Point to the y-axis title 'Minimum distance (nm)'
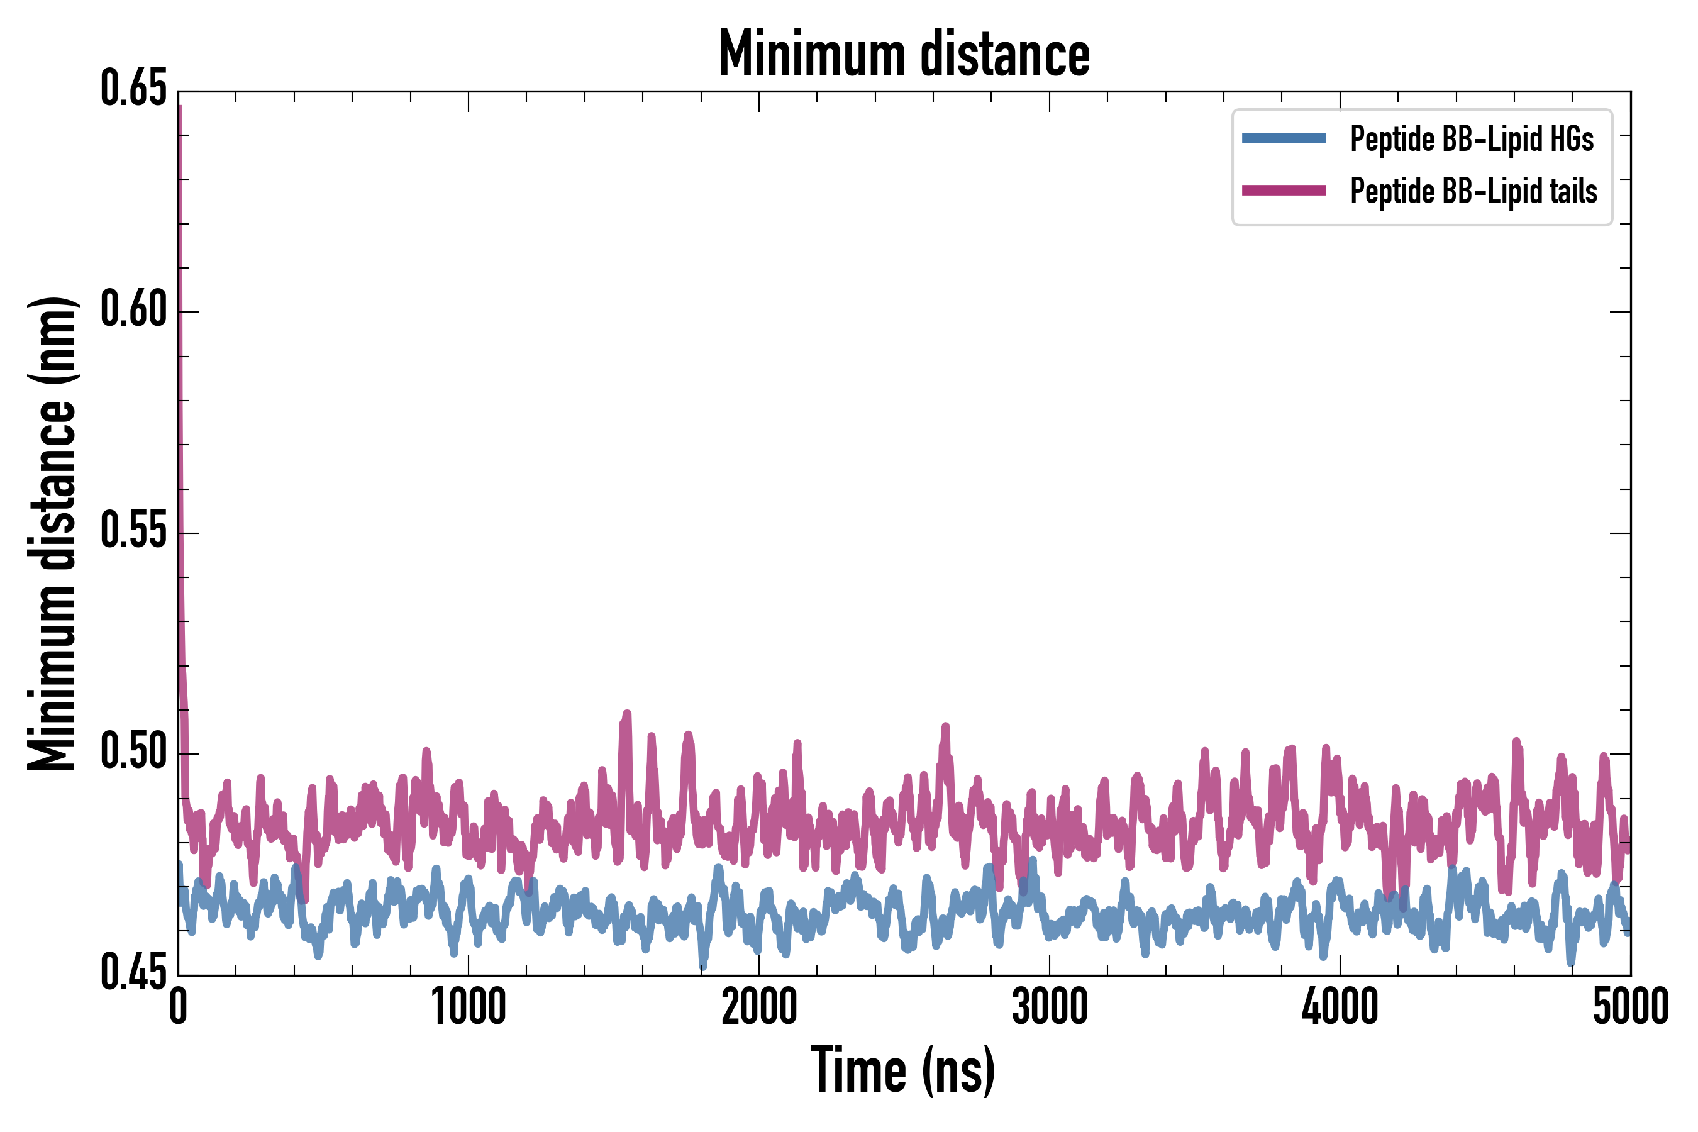pos(52,533)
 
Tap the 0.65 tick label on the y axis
pos(133,89)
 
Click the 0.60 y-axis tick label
pos(133,311)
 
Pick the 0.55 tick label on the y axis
pos(133,532)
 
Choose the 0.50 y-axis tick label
pos(133,753)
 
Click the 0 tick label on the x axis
pos(179,1007)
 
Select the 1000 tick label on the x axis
pos(469,1007)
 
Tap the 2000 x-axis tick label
pos(759,1007)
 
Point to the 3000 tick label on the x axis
pos(1049,1007)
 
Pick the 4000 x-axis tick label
pos(1340,1007)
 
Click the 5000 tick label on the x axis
pos(1630,1007)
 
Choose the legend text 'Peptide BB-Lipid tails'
pos(1473,191)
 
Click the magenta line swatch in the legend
pos(1284,191)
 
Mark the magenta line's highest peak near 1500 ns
pos(626,714)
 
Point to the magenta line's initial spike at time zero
pos(180,108)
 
